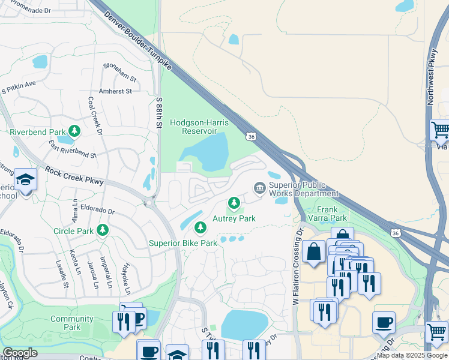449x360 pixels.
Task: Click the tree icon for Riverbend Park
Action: [x=74, y=131]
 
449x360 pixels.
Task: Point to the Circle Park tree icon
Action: [x=103, y=230]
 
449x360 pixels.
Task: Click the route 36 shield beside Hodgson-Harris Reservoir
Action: [x=252, y=137]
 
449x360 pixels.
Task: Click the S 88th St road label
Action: [x=159, y=113]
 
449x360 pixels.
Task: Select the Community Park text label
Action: [x=72, y=323]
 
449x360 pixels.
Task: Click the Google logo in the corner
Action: [x=19, y=353]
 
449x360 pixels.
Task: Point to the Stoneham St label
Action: [x=120, y=71]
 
